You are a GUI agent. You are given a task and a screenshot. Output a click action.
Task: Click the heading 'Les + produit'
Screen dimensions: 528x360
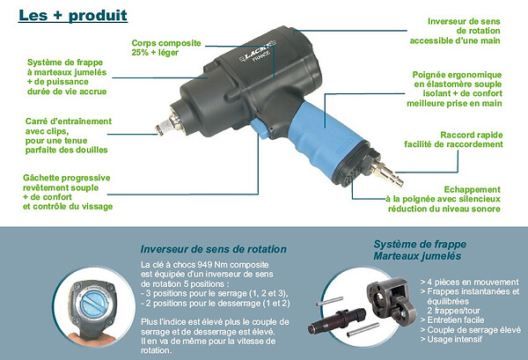[73, 16]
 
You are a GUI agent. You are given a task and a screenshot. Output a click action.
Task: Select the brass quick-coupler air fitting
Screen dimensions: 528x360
[387, 171]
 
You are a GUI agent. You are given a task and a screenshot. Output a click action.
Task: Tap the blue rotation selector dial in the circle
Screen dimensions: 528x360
[93, 303]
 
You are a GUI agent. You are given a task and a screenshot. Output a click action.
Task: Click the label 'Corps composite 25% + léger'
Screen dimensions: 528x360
[166, 48]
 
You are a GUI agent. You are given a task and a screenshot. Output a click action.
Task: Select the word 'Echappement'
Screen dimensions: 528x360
[472, 189]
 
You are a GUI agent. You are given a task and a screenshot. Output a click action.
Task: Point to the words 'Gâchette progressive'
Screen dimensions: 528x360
[67, 178]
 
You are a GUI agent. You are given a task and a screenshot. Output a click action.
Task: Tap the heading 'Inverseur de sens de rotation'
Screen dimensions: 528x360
[214, 249]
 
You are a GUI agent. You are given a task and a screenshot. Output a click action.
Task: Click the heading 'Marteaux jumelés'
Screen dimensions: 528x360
[417, 256]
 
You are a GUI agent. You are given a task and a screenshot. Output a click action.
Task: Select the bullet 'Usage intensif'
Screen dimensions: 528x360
[455, 340]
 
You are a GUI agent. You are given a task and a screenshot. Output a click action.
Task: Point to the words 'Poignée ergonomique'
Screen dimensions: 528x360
[457, 75]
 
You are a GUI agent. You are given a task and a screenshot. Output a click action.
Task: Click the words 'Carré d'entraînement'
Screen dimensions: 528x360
[69, 121]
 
